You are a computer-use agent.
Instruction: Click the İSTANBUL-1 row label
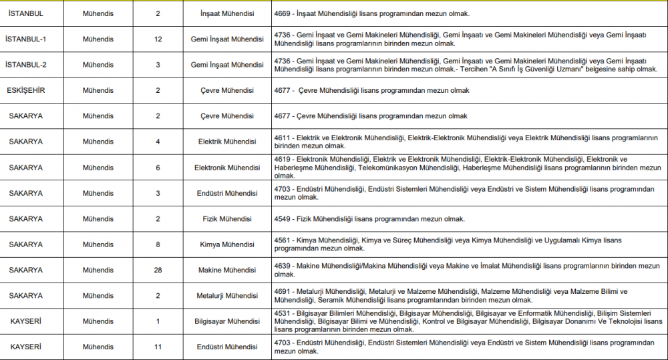[x=25, y=39]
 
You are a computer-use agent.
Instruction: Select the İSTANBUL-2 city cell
[x=25, y=65]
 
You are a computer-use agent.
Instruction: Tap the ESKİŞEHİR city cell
[x=26, y=90]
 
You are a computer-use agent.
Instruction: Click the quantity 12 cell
[x=158, y=39]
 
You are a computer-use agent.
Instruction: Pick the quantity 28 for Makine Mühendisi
[x=158, y=270]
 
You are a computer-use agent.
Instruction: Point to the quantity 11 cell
[x=158, y=347]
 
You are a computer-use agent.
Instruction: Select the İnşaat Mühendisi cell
[x=227, y=13]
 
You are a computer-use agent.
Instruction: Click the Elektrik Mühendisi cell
[x=227, y=142]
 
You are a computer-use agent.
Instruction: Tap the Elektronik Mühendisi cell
[x=227, y=168]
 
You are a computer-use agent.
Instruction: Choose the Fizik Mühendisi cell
[x=227, y=219]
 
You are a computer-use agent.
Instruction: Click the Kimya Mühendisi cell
[x=227, y=244]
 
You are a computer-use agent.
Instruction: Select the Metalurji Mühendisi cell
[x=227, y=296]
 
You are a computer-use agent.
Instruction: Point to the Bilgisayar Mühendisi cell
[x=227, y=321]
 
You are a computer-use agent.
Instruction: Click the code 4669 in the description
[x=283, y=13]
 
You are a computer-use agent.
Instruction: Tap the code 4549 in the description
[x=283, y=219]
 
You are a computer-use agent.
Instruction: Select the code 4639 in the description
[x=283, y=266]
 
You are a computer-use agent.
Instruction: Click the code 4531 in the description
[x=283, y=313]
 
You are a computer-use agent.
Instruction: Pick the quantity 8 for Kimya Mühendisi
[x=158, y=244]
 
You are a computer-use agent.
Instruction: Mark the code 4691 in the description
[x=283, y=291]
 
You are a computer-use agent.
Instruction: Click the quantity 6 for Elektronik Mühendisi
[x=158, y=168]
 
